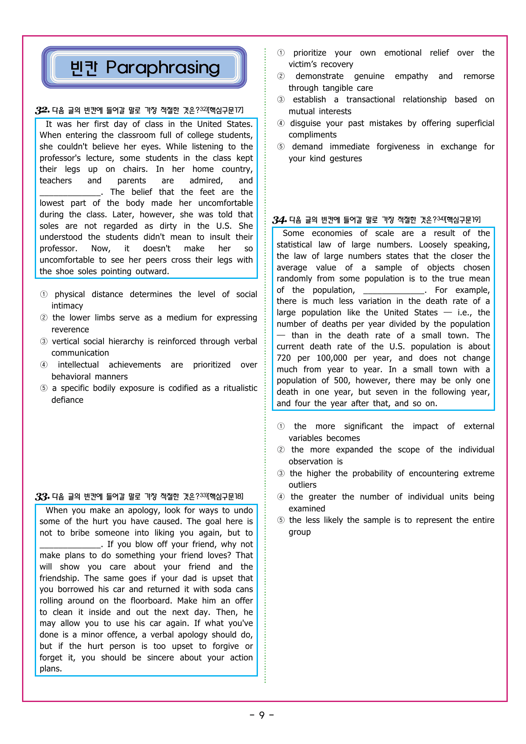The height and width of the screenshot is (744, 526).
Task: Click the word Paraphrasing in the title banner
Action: coord(163,67)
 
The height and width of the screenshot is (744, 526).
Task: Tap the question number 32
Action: coord(42,110)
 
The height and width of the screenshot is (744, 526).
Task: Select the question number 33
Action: coord(42,497)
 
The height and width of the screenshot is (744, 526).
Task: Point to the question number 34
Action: coord(279,220)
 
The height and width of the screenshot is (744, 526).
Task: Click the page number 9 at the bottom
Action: coord(262,715)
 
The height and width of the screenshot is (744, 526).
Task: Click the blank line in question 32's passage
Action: coord(70,193)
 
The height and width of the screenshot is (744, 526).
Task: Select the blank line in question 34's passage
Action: coord(393,291)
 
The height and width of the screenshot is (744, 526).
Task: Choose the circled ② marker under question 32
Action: coord(44,318)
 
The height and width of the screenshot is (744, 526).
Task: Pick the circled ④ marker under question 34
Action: coord(281,497)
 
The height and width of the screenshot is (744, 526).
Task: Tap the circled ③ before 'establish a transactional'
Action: coord(281,100)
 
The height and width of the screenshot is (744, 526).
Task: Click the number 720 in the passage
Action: coord(283,358)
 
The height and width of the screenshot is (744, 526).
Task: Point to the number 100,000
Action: coord(332,358)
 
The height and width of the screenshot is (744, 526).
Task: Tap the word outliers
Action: coord(302,485)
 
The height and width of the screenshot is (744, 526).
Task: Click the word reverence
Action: coord(70,330)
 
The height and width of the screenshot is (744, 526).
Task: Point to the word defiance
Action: coord(67,400)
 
